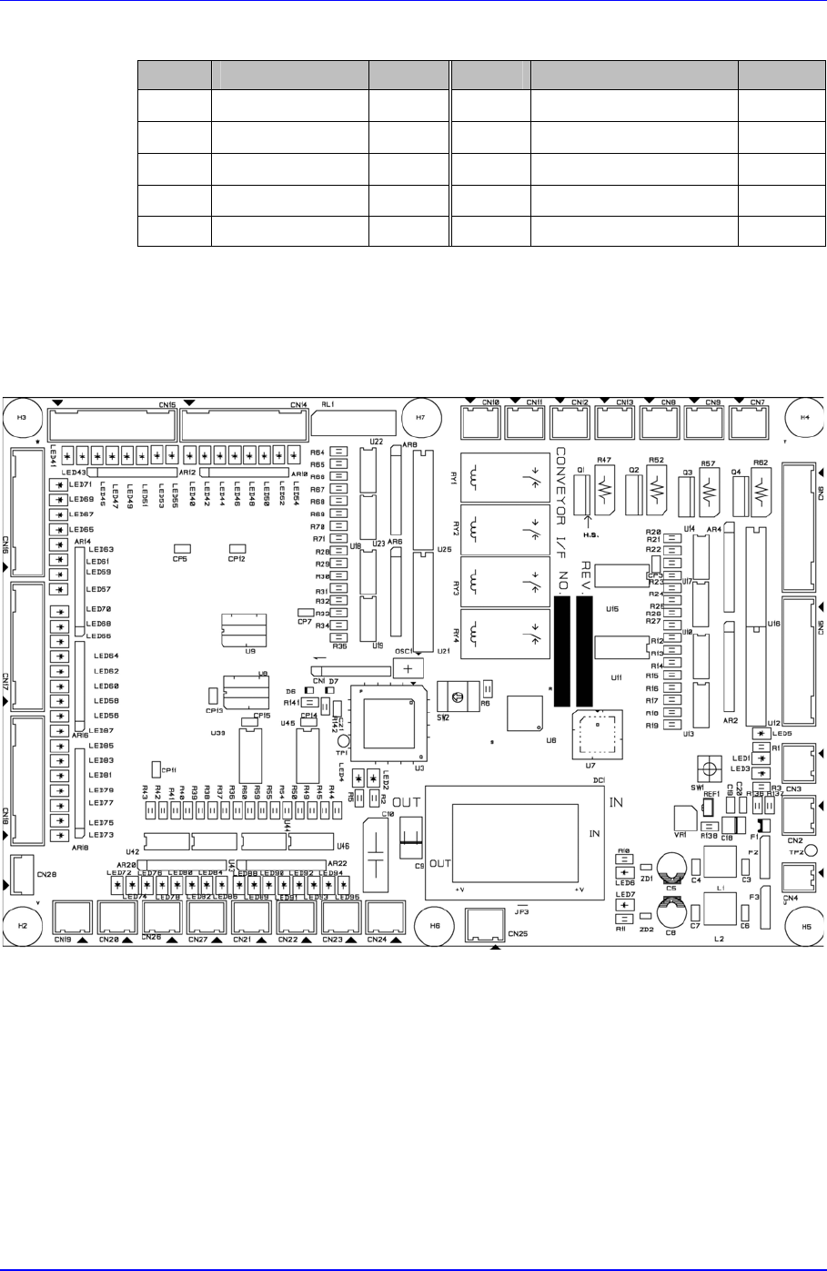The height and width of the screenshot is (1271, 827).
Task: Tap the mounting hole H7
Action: (x=419, y=417)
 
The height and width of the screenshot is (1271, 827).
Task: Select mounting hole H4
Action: (x=804, y=417)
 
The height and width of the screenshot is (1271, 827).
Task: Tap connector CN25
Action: (x=483, y=925)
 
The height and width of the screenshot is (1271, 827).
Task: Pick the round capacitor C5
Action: (x=671, y=866)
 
